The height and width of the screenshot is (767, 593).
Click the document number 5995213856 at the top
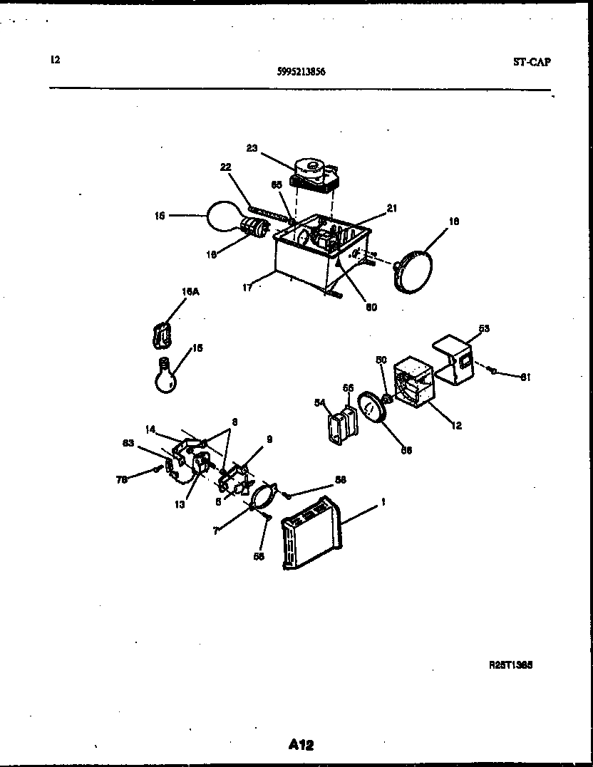coord(301,71)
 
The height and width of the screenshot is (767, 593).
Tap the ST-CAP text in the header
coord(532,62)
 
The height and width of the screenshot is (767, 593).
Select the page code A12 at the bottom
coord(301,745)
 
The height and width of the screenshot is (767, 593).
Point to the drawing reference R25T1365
coord(511,664)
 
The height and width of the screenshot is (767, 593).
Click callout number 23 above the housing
coord(252,148)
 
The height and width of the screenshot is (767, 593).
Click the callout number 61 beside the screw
coord(525,377)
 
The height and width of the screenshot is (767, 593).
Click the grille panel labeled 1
coord(313,533)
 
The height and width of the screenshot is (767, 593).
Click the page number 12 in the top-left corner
coord(55,60)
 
